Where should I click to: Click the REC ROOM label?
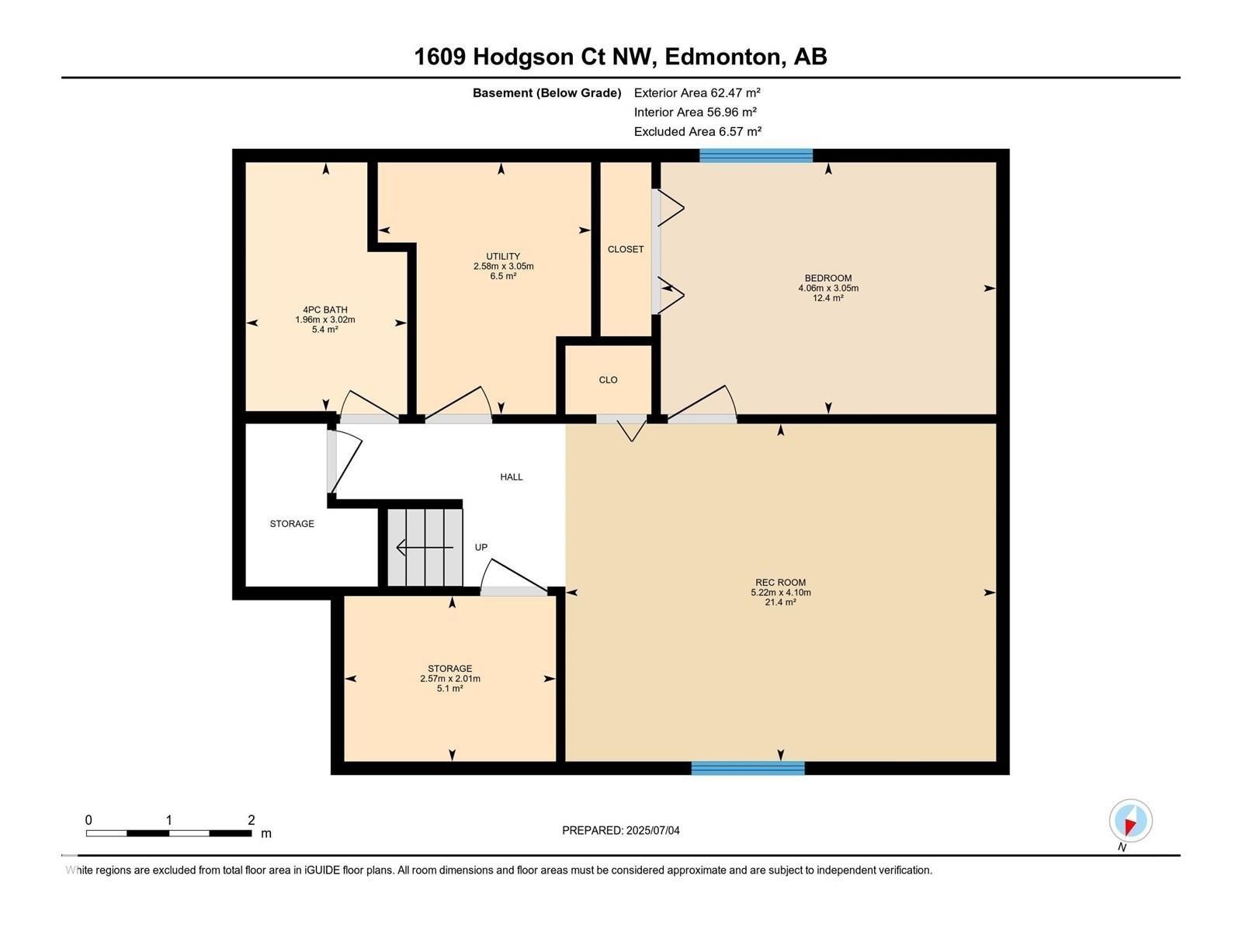coord(780,583)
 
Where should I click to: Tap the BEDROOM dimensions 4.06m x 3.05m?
coord(828,288)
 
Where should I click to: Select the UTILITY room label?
coord(503,257)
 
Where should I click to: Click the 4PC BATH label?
coord(325,310)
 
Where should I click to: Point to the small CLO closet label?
coord(608,380)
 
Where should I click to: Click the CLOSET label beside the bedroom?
coord(626,249)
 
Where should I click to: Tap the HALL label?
coord(512,477)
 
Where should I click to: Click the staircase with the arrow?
coord(425,548)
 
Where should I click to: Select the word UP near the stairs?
coord(481,548)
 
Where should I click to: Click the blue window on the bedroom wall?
coord(755,155)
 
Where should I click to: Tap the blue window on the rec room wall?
coord(748,768)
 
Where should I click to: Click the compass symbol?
coord(1130,821)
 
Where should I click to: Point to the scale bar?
coord(168,833)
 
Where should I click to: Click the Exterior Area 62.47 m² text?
coord(697,92)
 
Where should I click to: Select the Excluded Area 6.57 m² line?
coord(697,131)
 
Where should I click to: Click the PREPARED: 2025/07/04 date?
coord(620,830)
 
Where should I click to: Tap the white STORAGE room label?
coord(292,524)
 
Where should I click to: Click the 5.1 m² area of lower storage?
coord(449,688)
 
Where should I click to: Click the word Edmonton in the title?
coord(722,57)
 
